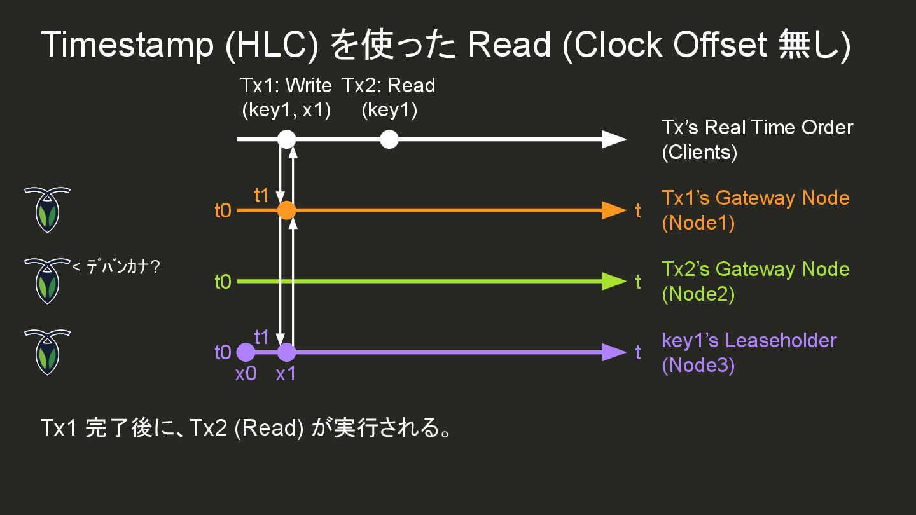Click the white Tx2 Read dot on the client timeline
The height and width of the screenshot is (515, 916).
[389, 139]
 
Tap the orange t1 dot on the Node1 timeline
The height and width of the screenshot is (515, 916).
[287, 210]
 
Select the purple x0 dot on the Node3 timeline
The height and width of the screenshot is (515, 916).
[246, 352]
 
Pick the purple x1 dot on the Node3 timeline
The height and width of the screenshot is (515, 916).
[287, 352]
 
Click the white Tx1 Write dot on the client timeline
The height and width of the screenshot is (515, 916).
[287, 139]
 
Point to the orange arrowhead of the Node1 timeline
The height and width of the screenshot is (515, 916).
[614, 210]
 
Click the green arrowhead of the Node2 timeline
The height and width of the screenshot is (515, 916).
[614, 281]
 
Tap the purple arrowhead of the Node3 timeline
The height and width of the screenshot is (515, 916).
[614, 352]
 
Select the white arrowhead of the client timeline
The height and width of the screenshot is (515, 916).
[614, 139]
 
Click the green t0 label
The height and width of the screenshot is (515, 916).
[223, 281]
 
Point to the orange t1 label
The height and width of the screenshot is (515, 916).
[262, 195]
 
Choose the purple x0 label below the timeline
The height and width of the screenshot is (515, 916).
[246, 374]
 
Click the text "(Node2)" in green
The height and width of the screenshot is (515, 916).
[698, 294]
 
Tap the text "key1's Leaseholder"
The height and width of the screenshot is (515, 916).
[749, 340]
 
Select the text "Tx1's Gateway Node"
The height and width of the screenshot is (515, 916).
[755, 198]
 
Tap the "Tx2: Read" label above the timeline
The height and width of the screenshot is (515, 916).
[389, 85]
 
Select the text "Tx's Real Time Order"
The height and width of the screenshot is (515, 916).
[757, 127]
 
